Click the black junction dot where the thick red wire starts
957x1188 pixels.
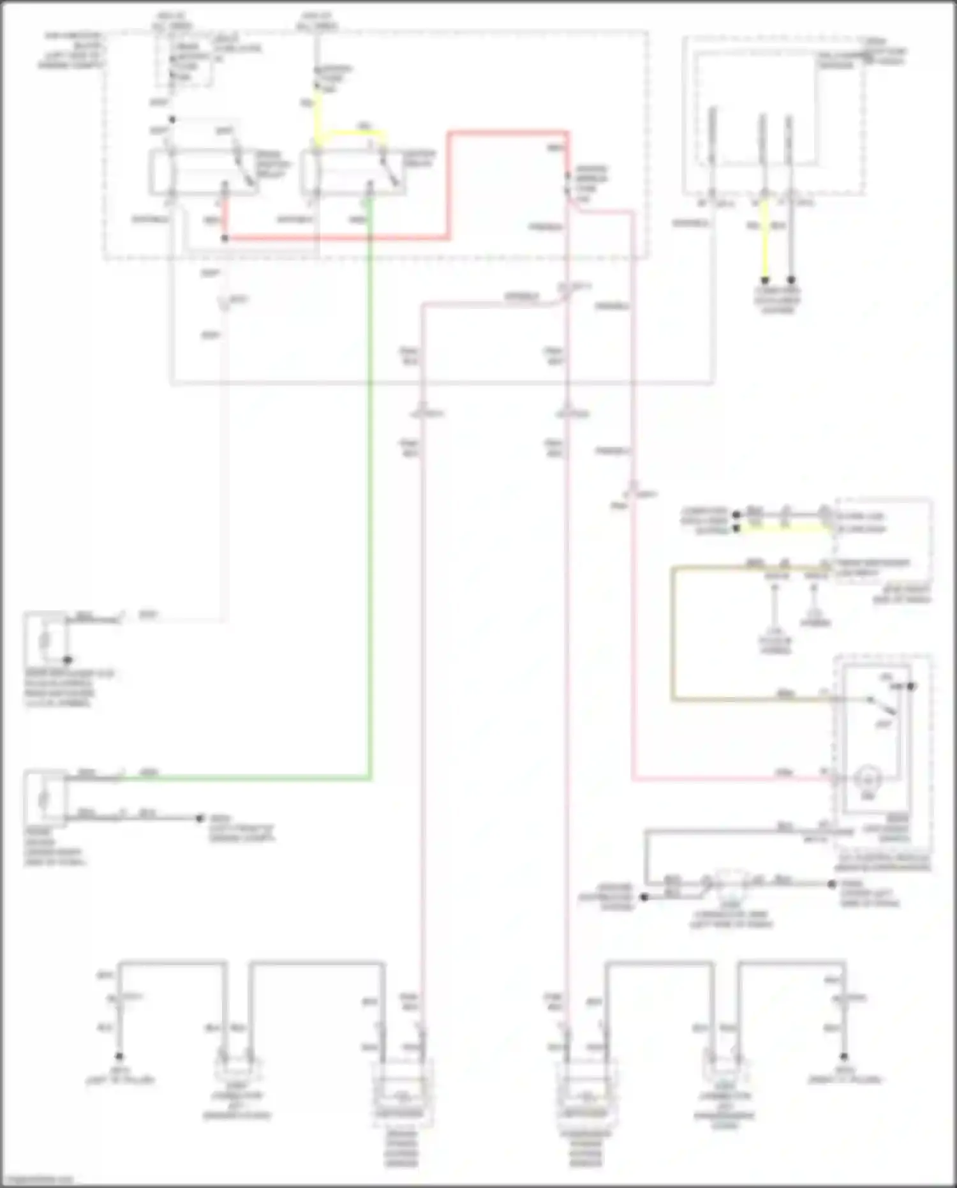[225, 238]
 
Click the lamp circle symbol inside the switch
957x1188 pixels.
[867, 778]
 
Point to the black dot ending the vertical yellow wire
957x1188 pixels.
[764, 280]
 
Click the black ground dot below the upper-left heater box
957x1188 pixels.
[67, 660]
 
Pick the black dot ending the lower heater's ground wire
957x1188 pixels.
[200, 818]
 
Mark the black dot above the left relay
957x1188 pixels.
[172, 119]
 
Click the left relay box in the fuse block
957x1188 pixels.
[204, 172]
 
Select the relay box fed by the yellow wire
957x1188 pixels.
[353, 172]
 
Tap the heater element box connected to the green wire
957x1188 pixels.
[45, 798]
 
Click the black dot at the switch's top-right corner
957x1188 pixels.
[912, 686]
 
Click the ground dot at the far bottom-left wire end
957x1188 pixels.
[119, 1056]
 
